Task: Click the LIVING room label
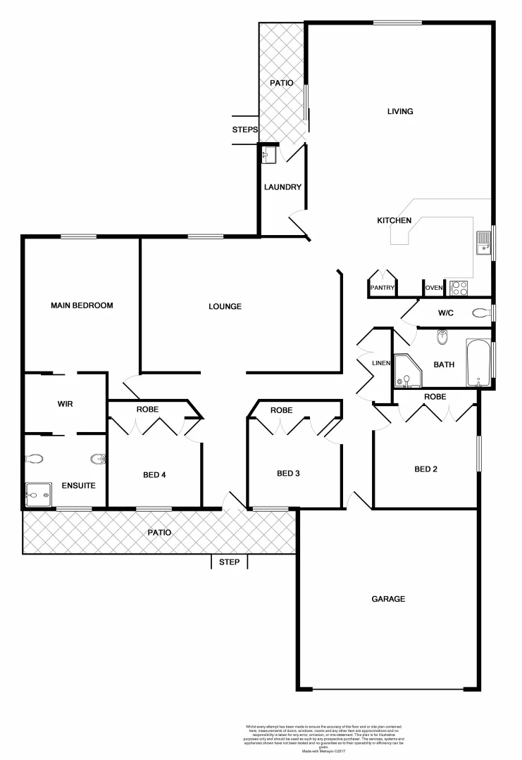pyautogui.click(x=400, y=111)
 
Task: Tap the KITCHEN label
pyautogui.click(x=394, y=221)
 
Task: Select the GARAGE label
pyautogui.click(x=388, y=599)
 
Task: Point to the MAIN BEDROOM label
pyautogui.click(x=82, y=305)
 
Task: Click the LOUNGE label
pyautogui.click(x=225, y=306)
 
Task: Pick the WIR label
pyautogui.click(x=66, y=405)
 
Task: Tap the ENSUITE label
pyautogui.click(x=78, y=486)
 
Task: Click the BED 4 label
pyautogui.click(x=154, y=475)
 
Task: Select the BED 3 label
pyautogui.click(x=288, y=473)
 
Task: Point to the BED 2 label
pyautogui.click(x=426, y=469)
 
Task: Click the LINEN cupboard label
pyautogui.click(x=381, y=363)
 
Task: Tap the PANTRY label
pyautogui.click(x=382, y=288)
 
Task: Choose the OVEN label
pyautogui.click(x=433, y=288)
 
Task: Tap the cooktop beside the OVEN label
pyautogui.click(x=459, y=287)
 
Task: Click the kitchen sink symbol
pyautogui.click(x=483, y=243)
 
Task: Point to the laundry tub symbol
pyautogui.click(x=268, y=154)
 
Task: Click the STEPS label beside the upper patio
pyautogui.click(x=245, y=130)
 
